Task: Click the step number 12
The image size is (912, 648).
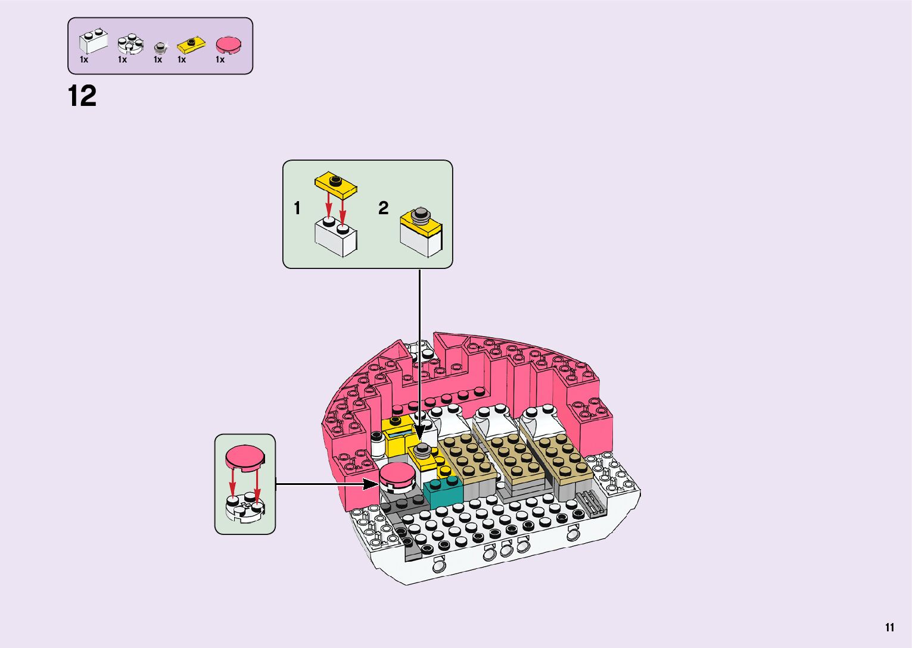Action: [x=82, y=96]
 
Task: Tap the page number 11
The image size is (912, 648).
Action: [x=889, y=627]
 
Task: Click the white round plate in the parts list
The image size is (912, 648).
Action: [x=130, y=43]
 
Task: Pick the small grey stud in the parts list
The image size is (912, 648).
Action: [x=159, y=47]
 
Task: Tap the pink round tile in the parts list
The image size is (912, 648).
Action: [x=229, y=45]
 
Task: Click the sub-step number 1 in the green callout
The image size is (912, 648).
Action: [x=297, y=208]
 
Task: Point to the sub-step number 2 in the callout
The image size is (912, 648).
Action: [x=383, y=208]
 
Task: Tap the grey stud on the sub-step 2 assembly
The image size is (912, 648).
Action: [x=421, y=214]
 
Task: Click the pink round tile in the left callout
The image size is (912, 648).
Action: [x=245, y=457]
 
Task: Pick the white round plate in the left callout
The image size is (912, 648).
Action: [x=245, y=506]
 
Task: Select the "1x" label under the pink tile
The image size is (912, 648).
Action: [x=220, y=60]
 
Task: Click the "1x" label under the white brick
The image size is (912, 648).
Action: [x=84, y=60]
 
